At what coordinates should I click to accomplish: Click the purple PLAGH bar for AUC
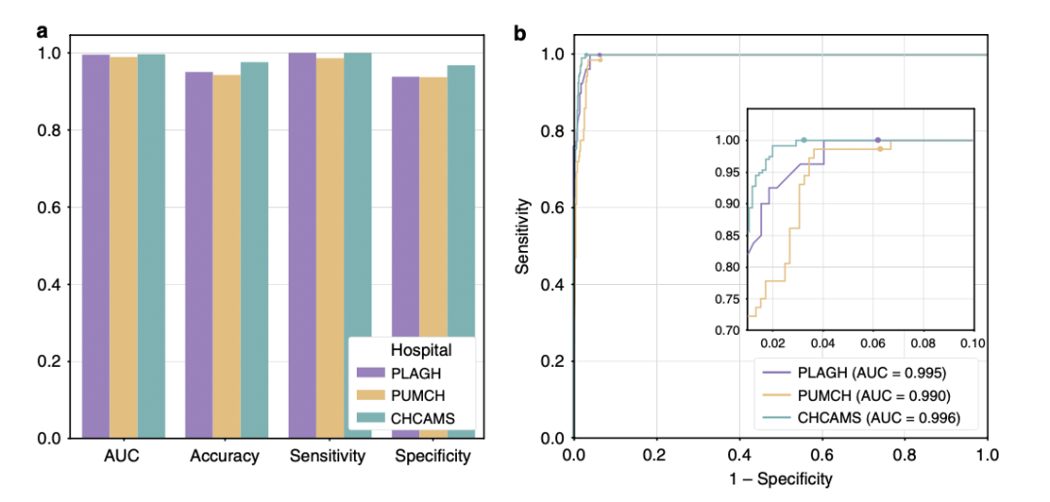pyautogui.click(x=95, y=243)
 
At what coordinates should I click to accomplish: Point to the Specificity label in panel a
pyautogui.click(x=434, y=456)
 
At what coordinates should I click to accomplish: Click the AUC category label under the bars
pyautogui.click(x=123, y=456)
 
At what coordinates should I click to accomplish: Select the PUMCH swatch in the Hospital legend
pyautogui.click(x=372, y=394)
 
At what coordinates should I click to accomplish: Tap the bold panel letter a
pyautogui.click(x=42, y=31)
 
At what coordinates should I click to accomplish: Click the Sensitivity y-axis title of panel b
pyautogui.click(x=523, y=234)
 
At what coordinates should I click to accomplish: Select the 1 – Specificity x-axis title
pyautogui.click(x=780, y=479)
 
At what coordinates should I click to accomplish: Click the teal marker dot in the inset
pyautogui.click(x=804, y=140)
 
